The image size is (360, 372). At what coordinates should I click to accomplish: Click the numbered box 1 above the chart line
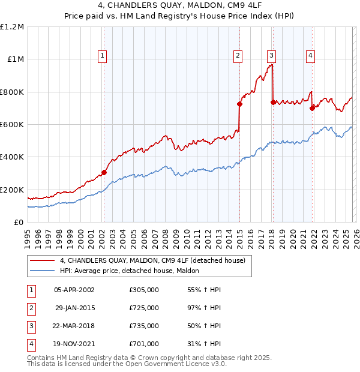click(103, 56)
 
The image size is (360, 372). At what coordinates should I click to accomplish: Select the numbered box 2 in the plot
click(238, 56)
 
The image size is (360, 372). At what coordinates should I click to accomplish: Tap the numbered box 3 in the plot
click(271, 56)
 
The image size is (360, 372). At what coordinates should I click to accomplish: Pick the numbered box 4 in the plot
click(310, 56)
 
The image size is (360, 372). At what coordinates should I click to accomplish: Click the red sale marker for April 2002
click(104, 172)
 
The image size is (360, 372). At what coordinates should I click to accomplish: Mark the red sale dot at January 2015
click(239, 104)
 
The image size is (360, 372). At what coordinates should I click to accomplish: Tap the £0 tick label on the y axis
click(19, 223)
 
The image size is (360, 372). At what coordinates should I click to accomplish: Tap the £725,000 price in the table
click(144, 307)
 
